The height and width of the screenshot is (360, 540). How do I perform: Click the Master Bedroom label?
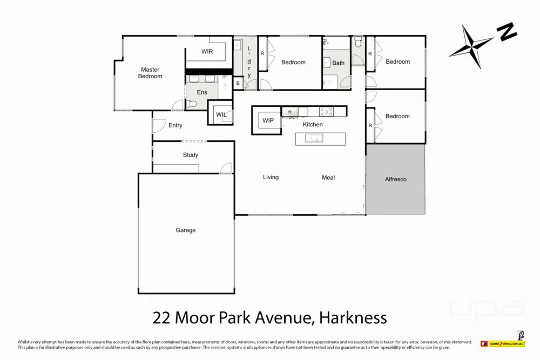[x=150, y=73]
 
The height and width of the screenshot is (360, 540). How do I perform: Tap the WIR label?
[x=207, y=52]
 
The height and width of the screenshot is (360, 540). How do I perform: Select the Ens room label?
[x=201, y=92]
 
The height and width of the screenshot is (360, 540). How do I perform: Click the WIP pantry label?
[x=268, y=120]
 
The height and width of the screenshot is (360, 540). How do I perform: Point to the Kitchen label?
[x=313, y=125]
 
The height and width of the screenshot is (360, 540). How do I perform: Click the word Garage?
[x=185, y=230]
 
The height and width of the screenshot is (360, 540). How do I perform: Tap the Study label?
[x=190, y=155]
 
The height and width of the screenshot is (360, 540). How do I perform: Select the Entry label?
[x=175, y=125]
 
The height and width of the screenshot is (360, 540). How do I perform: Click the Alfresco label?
[x=395, y=179]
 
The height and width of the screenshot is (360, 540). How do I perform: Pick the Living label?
[x=271, y=177]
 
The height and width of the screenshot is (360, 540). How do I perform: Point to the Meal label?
[x=328, y=178]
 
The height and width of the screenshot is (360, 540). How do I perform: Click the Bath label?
[x=338, y=63]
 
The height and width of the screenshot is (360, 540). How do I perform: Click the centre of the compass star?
[x=472, y=47]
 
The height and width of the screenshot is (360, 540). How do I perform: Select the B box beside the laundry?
[x=238, y=83]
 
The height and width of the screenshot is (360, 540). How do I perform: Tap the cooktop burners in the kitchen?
[x=326, y=112]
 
